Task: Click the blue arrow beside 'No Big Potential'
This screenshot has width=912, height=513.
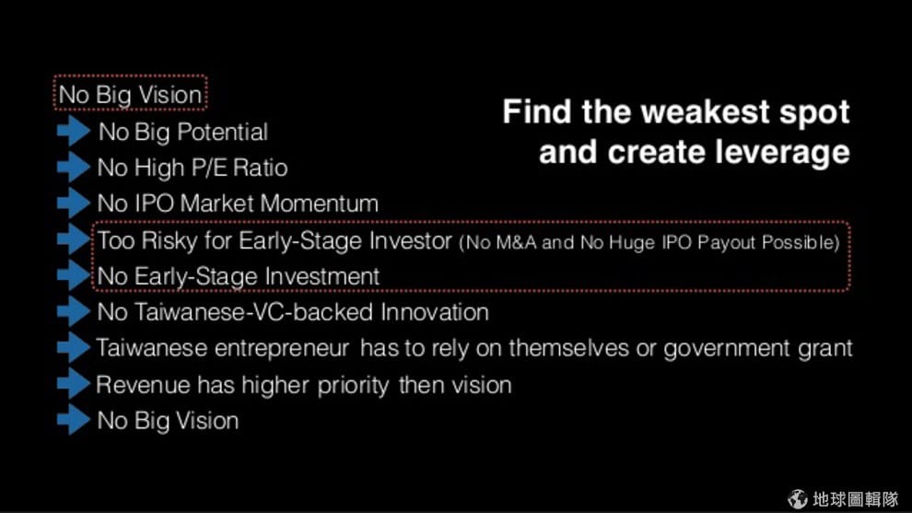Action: click(x=74, y=130)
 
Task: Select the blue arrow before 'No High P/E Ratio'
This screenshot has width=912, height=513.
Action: click(x=74, y=167)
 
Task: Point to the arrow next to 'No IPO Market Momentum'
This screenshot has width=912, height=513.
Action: click(x=74, y=203)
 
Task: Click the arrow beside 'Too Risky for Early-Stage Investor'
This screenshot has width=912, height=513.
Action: click(x=74, y=239)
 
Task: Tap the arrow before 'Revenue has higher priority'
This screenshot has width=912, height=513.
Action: click(x=74, y=384)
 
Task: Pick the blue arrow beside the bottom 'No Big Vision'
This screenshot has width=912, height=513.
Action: click(x=74, y=420)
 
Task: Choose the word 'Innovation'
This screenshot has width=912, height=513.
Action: click(x=435, y=312)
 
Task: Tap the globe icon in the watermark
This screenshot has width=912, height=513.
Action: click(x=798, y=498)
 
